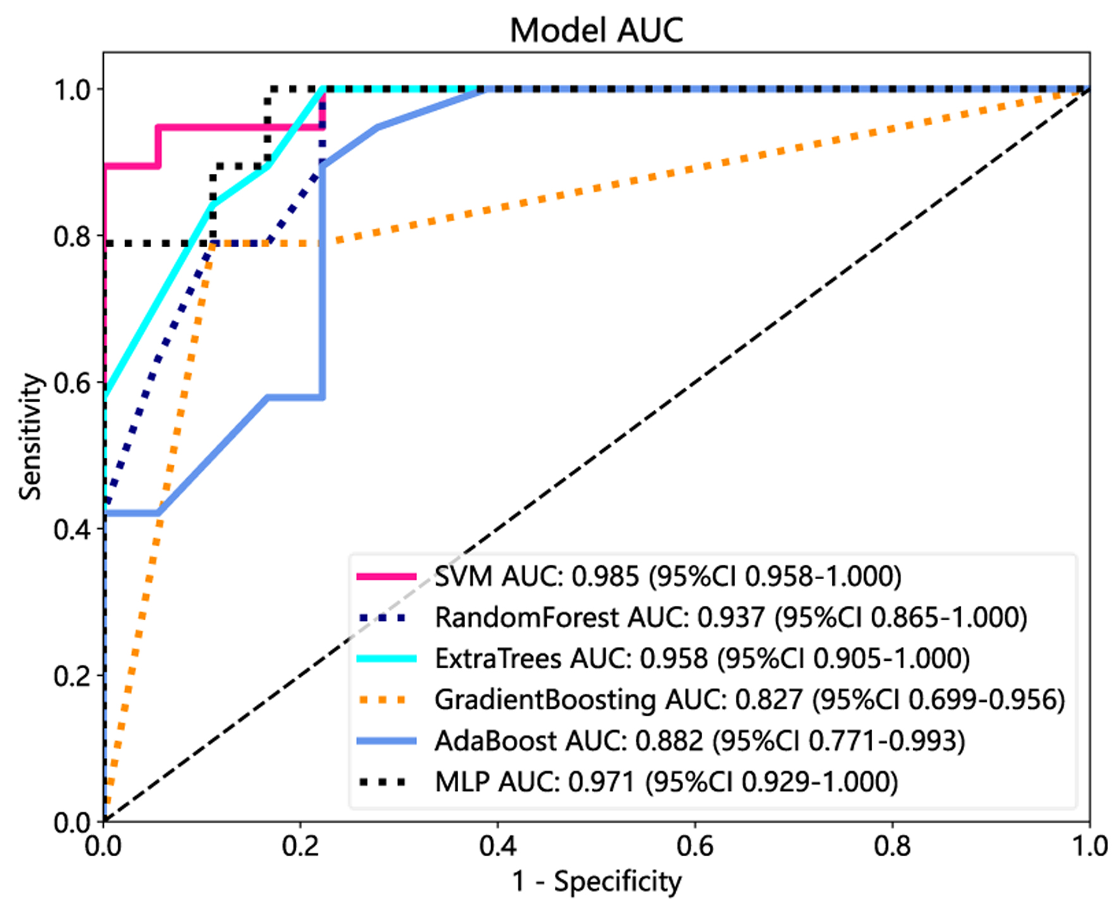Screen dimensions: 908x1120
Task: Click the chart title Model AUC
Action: [x=596, y=30]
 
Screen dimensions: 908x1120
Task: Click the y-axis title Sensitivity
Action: [x=30, y=436]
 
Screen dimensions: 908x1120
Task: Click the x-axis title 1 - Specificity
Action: [x=596, y=881]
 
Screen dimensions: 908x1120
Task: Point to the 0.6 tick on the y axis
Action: [x=71, y=383]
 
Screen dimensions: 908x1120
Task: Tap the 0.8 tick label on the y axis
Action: [x=71, y=236]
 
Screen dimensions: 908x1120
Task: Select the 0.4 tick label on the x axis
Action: [x=497, y=846]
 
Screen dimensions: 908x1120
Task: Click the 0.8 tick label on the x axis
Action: [x=892, y=846]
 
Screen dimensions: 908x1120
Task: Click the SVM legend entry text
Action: [x=667, y=576]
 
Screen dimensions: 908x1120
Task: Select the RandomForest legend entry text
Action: [x=731, y=617]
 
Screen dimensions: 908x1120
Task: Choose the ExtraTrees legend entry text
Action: [x=702, y=658]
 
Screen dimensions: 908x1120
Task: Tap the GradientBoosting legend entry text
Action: [x=750, y=699]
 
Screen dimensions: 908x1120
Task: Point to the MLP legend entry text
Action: [x=666, y=782]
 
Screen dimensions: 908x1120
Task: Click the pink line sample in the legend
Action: [x=386, y=576]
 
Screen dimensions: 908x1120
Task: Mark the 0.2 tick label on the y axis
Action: [x=71, y=676]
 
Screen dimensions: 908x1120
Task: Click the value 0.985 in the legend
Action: [x=606, y=576]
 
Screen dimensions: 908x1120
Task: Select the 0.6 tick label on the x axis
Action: [x=695, y=846]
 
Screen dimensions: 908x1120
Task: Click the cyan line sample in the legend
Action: [x=386, y=658]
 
